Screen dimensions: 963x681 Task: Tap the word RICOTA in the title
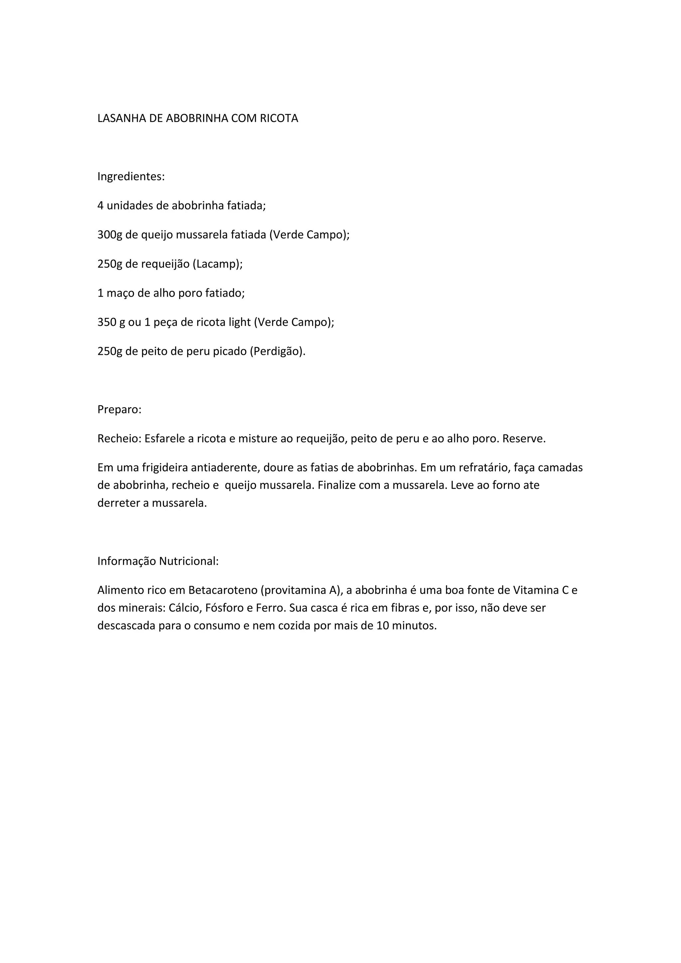click(x=279, y=119)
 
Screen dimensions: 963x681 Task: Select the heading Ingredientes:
click(x=131, y=177)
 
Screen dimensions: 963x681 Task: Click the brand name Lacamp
click(x=216, y=264)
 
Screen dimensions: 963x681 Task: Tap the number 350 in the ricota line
click(x=106, y=322)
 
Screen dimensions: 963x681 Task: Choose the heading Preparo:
click(x=119, y=409)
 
